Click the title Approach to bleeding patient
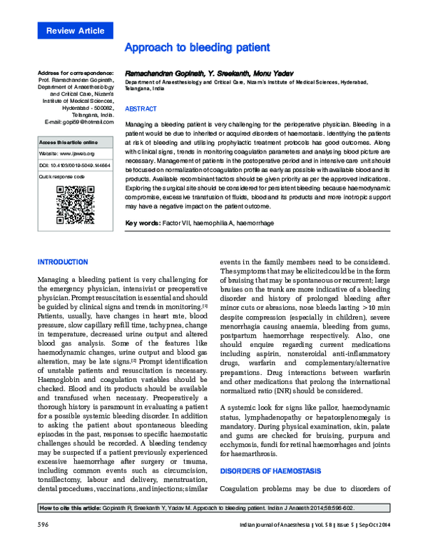point(196,48)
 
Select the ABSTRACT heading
point(140,109)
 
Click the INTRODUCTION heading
point(61,262)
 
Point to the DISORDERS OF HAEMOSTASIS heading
point(270,470)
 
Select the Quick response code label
point(62,175)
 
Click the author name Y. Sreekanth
point(232,74)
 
